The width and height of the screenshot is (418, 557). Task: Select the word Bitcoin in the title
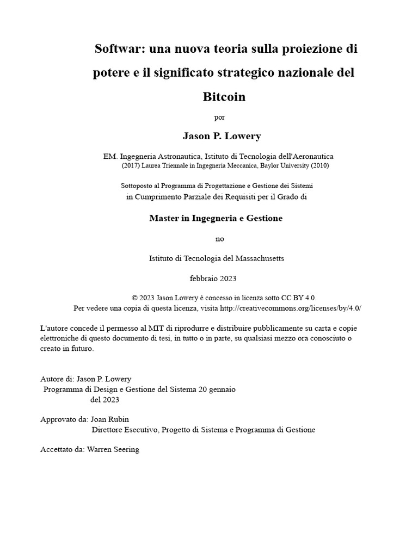click(224, 97)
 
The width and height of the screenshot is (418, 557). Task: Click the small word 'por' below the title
click(220, 117)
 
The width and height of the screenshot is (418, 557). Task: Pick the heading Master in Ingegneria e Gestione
click(216, 218)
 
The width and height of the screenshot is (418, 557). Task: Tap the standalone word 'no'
click(220, 239)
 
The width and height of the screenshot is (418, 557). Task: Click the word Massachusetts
click(256, 258)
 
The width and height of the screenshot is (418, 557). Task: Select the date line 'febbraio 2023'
click(213, 278)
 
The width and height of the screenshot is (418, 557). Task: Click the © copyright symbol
click(135, 298)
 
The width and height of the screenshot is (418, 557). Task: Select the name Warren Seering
click(113, 450)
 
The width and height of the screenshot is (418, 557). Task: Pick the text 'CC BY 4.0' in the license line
click(298, 298)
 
